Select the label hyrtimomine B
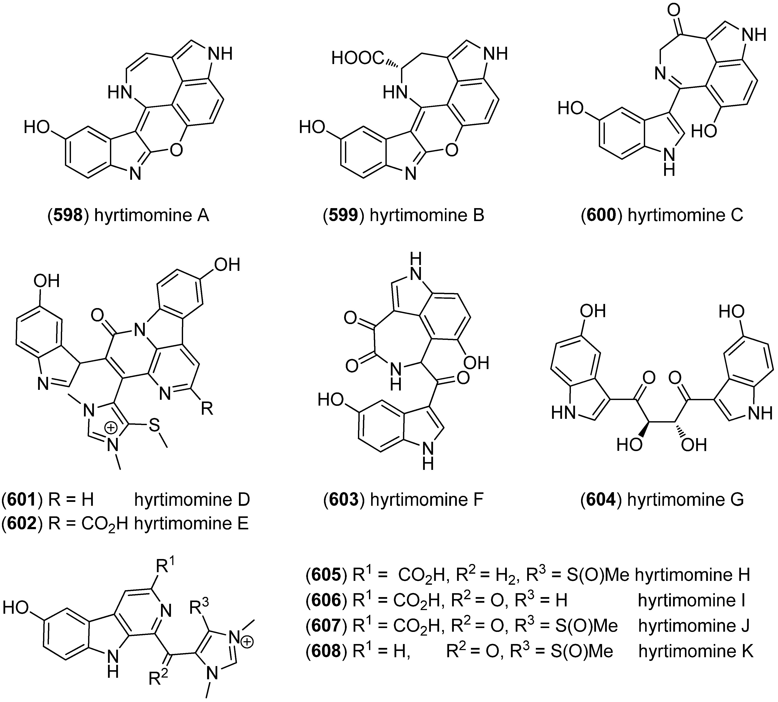click(427, 215)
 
